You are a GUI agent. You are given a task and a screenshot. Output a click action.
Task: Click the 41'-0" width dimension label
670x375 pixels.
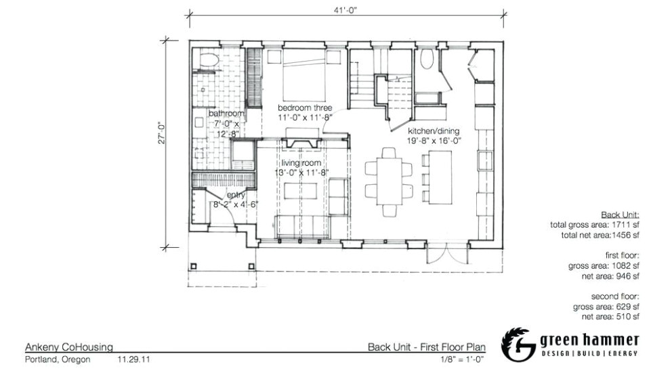point(346,10)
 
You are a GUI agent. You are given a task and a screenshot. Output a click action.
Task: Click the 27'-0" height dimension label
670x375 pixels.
point(162,133)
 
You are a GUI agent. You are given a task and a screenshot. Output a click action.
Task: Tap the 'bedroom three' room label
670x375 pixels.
point(305,108)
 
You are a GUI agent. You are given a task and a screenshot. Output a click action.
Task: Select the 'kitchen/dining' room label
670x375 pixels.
point(434,131)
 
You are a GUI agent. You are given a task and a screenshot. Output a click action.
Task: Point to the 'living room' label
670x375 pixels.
point(301,162)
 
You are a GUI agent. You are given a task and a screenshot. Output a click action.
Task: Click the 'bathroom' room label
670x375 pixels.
point(226,114)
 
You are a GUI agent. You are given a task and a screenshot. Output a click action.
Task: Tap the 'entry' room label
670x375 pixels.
point(236,195)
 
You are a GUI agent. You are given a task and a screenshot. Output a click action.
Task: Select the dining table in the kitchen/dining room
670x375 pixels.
point(389,181)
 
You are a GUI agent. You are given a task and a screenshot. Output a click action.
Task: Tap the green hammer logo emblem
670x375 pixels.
point(518,345)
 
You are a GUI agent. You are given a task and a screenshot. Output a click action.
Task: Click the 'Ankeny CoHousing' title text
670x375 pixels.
point(69,347)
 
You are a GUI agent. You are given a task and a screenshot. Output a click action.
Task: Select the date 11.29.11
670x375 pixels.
point(133,359)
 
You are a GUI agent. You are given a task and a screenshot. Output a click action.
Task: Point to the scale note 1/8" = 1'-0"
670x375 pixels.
point(462,359)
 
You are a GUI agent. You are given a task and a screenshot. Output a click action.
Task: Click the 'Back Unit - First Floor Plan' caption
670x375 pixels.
point(426,347)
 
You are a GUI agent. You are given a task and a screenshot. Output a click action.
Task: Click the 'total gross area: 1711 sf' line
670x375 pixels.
point(595,225)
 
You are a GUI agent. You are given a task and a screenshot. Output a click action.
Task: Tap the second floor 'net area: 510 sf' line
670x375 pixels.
point(610,317)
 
